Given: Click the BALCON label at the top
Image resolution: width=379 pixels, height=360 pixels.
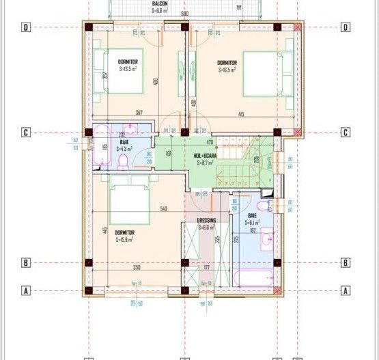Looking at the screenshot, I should (160, 3).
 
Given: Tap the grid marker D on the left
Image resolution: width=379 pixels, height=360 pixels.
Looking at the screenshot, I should (25, 27).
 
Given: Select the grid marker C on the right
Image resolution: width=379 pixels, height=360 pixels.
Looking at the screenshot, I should (346, 133).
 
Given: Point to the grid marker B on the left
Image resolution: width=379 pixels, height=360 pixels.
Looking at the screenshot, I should (25, 262).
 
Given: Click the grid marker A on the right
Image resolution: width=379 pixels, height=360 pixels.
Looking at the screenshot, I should (346, 290).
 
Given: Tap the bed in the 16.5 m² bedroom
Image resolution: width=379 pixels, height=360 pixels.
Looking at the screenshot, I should (260, 72).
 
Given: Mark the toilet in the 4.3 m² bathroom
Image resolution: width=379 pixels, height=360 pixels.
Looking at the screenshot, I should (124, 161).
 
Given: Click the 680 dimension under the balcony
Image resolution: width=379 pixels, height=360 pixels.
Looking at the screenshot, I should (184, 13).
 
